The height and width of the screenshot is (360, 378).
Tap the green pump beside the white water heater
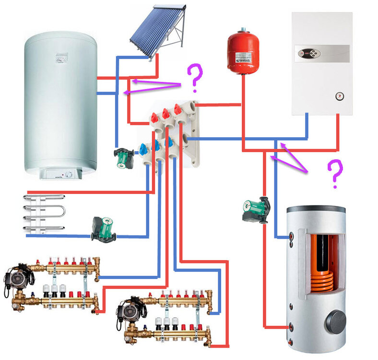123,157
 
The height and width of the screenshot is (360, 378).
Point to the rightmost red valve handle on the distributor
178,109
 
